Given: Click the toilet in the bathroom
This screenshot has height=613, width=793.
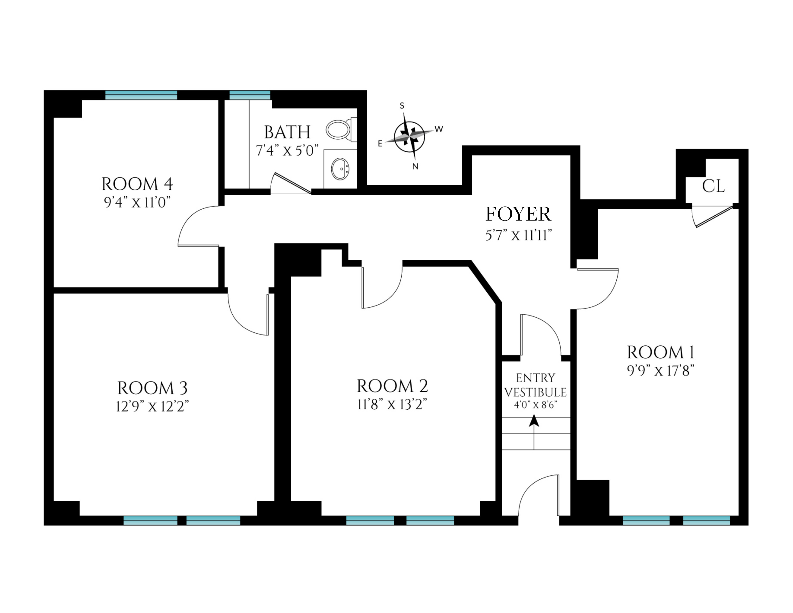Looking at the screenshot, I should (341, 130).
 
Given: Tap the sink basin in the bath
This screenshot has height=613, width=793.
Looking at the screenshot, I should (340, 169).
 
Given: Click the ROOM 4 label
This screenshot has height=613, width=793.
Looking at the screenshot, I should (137, 184).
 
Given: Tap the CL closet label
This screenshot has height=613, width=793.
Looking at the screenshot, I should (713, 186).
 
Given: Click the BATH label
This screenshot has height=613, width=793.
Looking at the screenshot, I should (287, 132).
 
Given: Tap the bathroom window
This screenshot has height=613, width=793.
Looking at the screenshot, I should (250, 95).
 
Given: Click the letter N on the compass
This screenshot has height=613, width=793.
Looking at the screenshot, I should (415, 167).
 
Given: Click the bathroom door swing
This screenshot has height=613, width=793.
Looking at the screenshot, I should (291, 184).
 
